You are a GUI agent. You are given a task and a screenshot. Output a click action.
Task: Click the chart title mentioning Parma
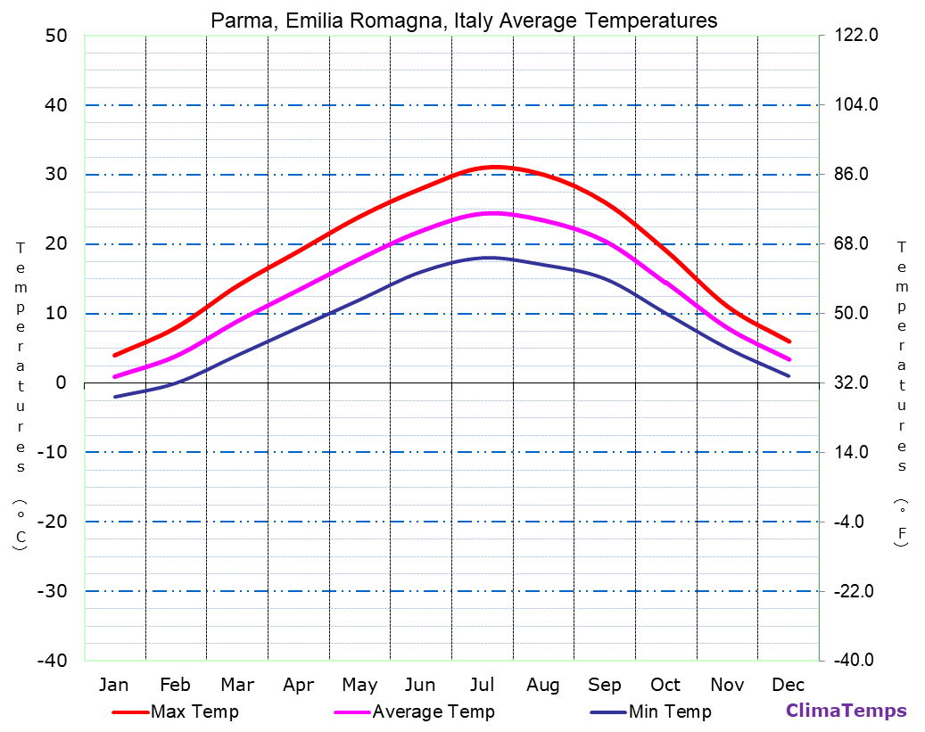[464, 20]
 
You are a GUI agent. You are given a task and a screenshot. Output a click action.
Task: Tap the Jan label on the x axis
[113, 685]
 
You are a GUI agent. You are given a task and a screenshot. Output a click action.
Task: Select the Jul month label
[482, 685]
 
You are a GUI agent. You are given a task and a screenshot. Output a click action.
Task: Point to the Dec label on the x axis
[789, 685]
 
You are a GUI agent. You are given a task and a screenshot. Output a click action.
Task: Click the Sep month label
[604, 685]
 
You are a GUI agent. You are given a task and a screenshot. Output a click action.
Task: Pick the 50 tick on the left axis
[55, 36]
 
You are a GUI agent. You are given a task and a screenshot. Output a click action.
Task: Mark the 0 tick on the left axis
[61, 382]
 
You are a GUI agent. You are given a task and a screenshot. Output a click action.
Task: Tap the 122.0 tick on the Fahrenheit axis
[857, 36]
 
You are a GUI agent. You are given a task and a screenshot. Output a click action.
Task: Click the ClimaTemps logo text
[846, 711]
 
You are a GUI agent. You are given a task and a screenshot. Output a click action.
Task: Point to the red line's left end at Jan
[114, 355]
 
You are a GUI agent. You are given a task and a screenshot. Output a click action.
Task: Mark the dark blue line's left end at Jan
[114, 397]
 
